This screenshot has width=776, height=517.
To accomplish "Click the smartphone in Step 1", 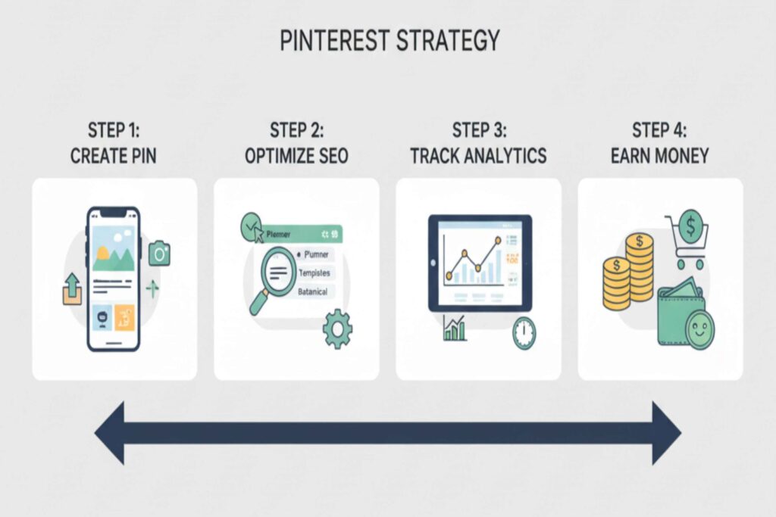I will click(113, 279).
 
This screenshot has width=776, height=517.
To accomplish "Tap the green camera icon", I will click(159, 254).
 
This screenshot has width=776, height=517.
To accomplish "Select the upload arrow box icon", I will click(73, 290).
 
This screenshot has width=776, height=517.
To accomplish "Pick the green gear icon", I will click(336, 329).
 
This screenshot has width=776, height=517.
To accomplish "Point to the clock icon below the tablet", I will click(523, 333).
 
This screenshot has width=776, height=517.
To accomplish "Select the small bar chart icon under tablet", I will click(455, 328).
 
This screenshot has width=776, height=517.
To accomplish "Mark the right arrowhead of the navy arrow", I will click(665, 433).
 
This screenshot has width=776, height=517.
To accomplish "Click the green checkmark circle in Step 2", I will click(250, 225).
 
